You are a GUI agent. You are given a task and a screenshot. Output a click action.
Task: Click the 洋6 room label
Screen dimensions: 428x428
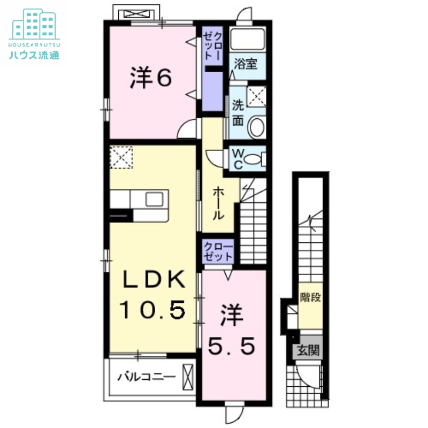150,79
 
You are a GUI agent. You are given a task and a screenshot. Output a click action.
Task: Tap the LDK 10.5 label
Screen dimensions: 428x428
152,294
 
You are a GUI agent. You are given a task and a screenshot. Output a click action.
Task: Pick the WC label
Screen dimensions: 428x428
238,159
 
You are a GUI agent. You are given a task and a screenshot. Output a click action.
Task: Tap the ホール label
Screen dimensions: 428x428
219,204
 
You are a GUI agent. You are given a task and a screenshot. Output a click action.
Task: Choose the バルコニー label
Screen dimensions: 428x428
146,377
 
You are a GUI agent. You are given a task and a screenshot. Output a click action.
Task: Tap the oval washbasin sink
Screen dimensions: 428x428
257,127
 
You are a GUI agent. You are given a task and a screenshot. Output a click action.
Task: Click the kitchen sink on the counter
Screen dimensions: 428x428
155,198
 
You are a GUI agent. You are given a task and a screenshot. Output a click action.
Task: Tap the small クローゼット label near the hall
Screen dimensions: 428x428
218,251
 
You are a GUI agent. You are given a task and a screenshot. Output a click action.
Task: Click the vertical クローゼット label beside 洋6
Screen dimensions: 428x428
212,47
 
